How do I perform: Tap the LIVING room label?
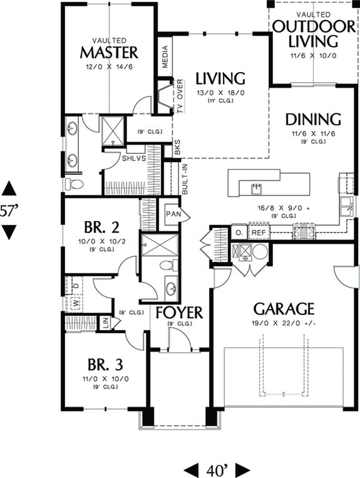point(219,79)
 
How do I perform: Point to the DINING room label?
point(313,119)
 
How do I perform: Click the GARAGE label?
point(284,308)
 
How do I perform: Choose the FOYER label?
point(179,312)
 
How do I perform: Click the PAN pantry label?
point(173,214)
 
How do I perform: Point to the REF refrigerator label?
point(258,232)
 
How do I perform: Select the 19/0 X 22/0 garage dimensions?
point(284,323)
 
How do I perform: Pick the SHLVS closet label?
point(134,159)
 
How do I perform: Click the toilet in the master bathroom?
point(76,184)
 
